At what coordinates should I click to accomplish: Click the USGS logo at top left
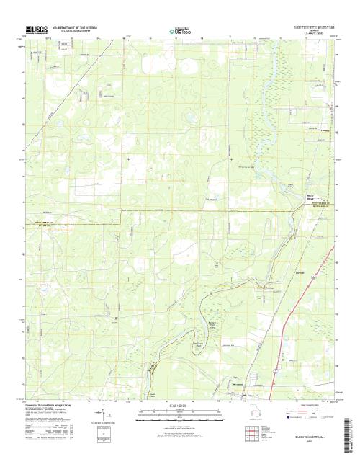(36, 29)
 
